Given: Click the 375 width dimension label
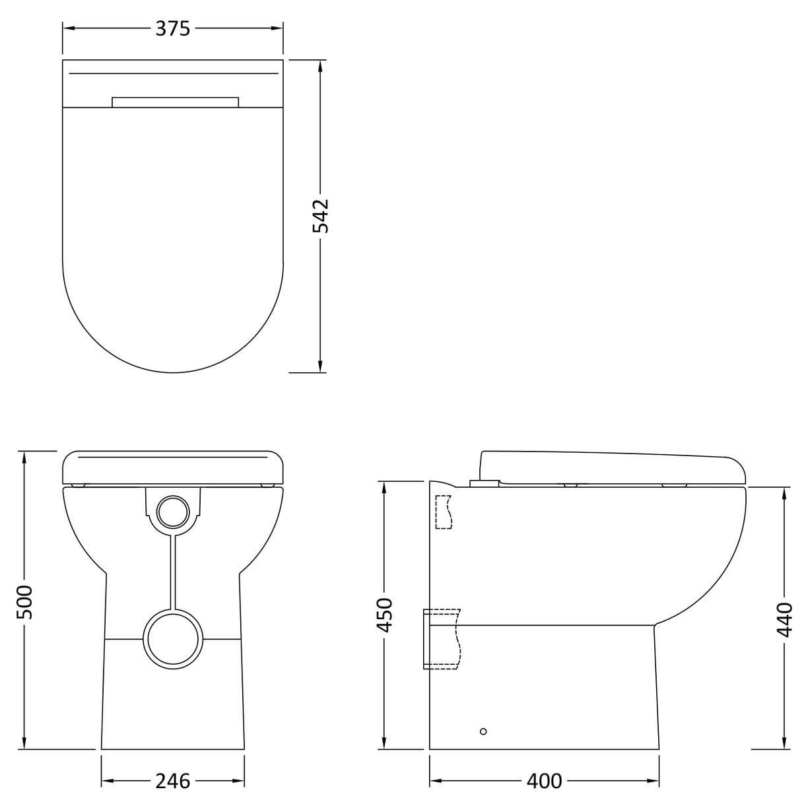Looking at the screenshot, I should point(173,28).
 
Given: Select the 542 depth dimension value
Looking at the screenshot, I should point(320,216).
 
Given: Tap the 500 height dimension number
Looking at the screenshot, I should point(24,602).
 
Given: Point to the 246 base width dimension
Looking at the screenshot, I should point(173,781).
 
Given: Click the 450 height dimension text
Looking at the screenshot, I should point(384,615).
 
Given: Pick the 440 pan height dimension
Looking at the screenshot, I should point(784,619).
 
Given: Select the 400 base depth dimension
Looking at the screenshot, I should point(545,781).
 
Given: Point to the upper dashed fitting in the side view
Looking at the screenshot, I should point(444,512).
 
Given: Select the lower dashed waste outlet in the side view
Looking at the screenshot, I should point(441,638).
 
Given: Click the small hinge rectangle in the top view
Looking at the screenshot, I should point(175,102).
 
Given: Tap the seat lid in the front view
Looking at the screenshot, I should point(173,467).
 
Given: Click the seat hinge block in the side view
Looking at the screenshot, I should point(483,483).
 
